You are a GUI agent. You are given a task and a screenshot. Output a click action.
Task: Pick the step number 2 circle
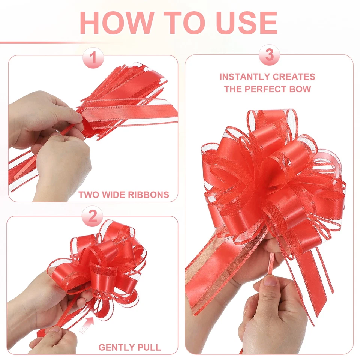tap(93, 216)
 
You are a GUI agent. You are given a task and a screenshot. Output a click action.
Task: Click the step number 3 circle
tap(269, 55)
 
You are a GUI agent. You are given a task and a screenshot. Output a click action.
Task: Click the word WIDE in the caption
tap(112, 195)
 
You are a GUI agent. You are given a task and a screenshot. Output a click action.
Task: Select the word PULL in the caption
tap(149, 347)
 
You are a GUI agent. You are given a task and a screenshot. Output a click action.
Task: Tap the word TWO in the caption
tap(87, 195)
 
